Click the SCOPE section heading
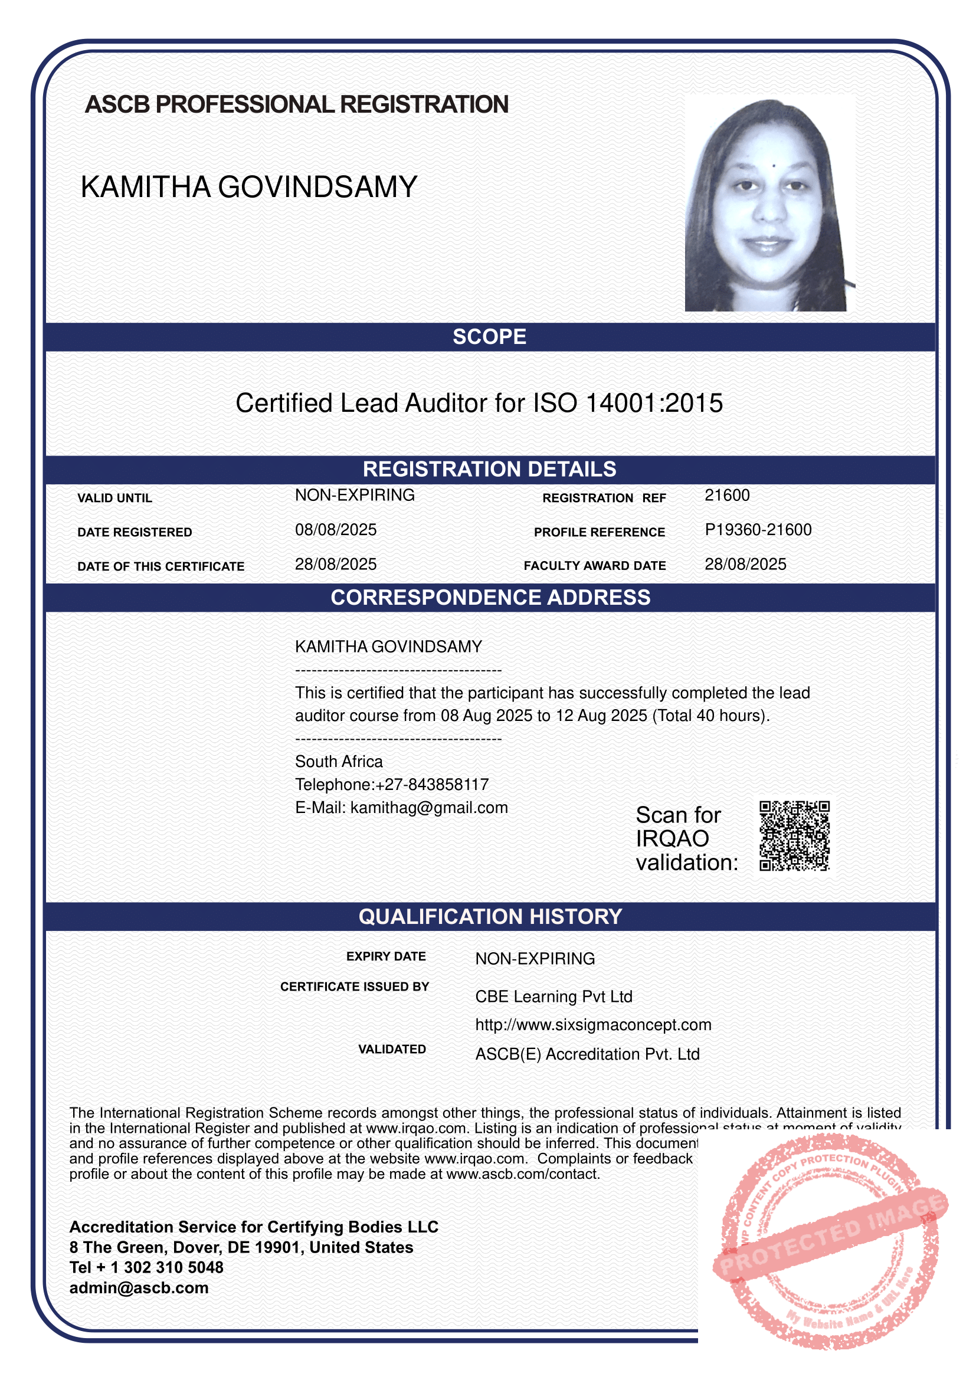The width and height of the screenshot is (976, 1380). click(x=489, y=336)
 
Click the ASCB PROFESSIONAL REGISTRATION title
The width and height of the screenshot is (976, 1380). click(x=296, y=104)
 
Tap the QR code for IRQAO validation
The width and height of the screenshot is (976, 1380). click(x=794, y=835)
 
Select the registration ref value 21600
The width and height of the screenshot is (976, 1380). click(x=726, y=495)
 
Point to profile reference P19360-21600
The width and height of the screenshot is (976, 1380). click(x=758, y=529)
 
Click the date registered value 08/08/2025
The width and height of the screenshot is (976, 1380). click(x=335, y=529)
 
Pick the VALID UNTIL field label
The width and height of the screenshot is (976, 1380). click(x=114, y=499)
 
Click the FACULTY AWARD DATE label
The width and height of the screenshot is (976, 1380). click(x=594, y=566)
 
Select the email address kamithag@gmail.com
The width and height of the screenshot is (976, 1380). click(x=429, y=807)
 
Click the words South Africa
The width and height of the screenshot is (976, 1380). click(x=338, y=762)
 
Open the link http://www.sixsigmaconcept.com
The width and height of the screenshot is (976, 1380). click(x=593, y=1025)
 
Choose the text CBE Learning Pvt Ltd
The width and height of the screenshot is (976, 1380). click(x=553, y=997)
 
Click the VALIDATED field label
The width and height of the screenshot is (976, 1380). click(x=392, y=1049)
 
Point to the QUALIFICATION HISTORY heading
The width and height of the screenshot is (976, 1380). click(x=490, y=917)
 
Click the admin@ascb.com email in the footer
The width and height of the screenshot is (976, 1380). click(x=139, y=1288)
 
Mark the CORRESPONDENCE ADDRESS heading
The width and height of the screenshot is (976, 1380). click(x=490, y=598)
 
